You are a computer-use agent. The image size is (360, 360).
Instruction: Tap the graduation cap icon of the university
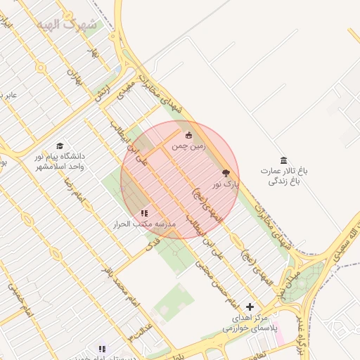point(60,146)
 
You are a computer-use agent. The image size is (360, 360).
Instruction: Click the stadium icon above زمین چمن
point(188,135)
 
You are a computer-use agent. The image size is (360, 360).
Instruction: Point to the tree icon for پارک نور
point(226,172)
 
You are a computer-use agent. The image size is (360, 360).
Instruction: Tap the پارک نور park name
point(226,184)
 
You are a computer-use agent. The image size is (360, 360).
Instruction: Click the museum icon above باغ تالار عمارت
point(283,160)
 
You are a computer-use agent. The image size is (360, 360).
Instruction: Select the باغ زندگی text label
point(283,181)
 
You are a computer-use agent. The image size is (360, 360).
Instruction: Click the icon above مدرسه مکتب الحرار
point(144,212)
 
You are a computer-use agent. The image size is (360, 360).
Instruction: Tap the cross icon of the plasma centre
point(250,307)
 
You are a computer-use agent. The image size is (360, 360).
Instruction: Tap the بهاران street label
point(74,77)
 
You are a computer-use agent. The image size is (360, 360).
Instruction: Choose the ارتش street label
point(103,92)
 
